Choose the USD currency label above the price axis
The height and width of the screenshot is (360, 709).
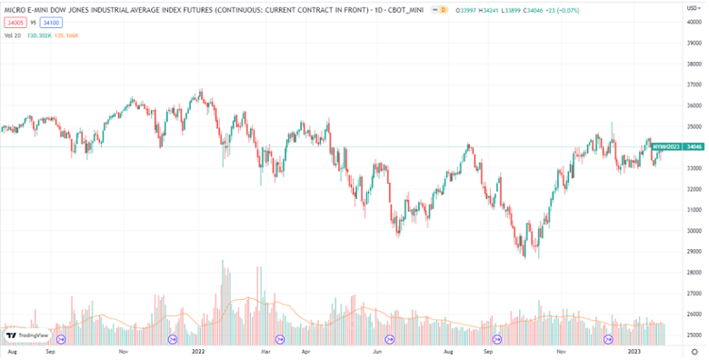point(692,8)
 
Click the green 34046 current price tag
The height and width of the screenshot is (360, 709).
point(694,146)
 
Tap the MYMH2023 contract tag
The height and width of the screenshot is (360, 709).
point(667,146)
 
